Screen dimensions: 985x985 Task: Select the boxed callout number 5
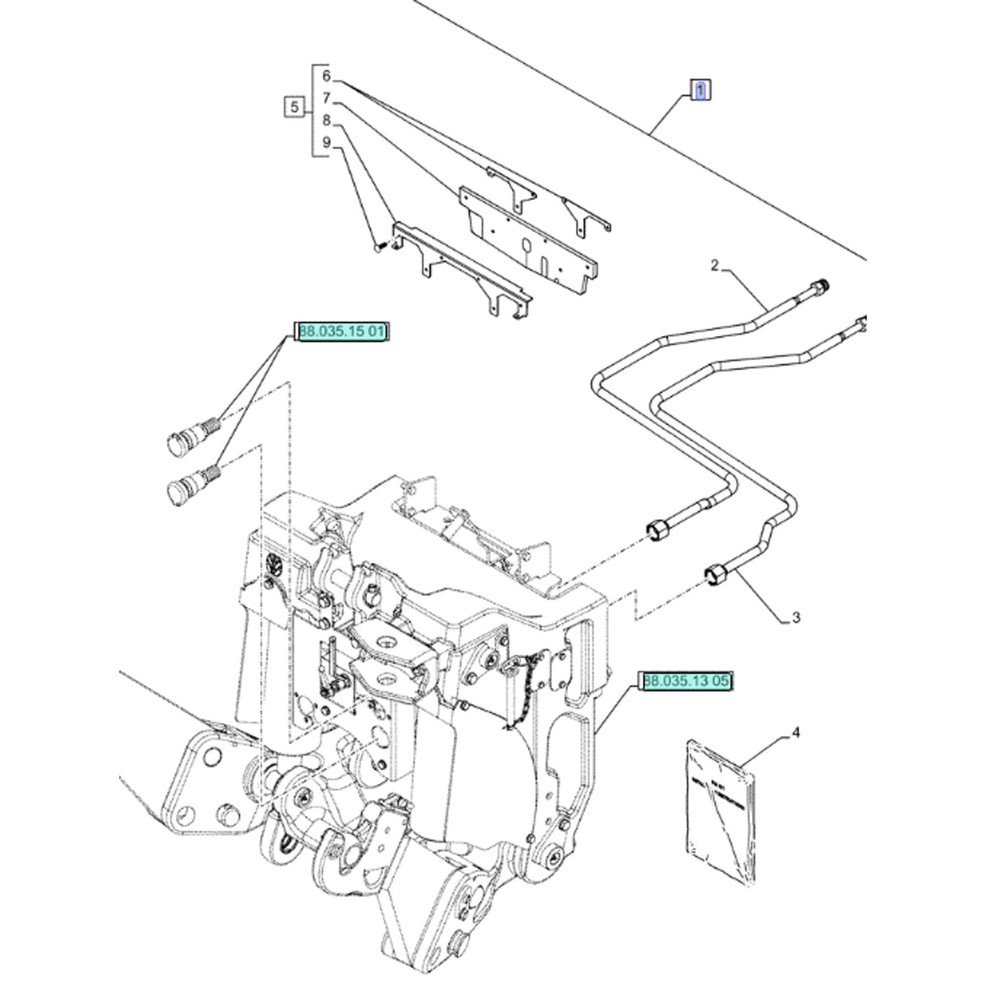click(x=295, y=107)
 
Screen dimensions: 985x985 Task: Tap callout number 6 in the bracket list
click(x=326, y=77)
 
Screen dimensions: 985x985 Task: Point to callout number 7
click(x=326, y=99)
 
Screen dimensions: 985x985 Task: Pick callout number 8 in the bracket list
click(x=326, y=121)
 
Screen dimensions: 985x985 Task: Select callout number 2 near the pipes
click(x=715, y=265)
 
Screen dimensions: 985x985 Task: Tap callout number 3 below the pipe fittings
click(x=795, y=618)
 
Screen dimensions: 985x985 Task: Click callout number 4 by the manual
click(x=795, y=733)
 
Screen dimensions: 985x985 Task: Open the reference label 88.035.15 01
click(x=343, y=331)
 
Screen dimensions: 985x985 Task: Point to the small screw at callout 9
click(x=378, y=246)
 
